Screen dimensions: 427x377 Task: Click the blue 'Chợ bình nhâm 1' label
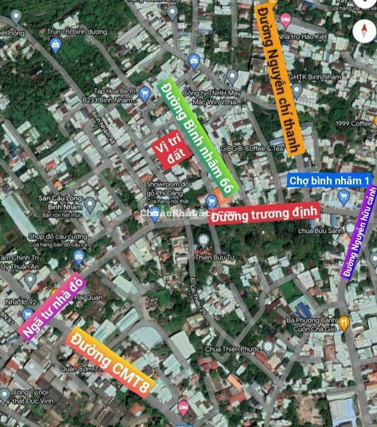click(329, 180)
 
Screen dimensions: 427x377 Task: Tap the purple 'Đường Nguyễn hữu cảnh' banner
click(359, 231)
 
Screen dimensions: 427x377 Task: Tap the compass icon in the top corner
click(364, 31)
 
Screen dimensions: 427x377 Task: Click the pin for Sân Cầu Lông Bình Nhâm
click(90, 205)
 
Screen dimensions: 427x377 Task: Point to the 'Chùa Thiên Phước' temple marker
click(268, 347)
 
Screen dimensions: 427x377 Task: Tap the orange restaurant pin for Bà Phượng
click(344, 322)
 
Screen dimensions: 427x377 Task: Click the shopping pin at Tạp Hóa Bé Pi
click(145, 94)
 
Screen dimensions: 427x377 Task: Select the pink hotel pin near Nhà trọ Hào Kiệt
click(285, 19)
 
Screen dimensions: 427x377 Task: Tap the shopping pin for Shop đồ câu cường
click(79, 257)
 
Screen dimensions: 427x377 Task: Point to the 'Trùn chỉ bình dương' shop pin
click(56, 44)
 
